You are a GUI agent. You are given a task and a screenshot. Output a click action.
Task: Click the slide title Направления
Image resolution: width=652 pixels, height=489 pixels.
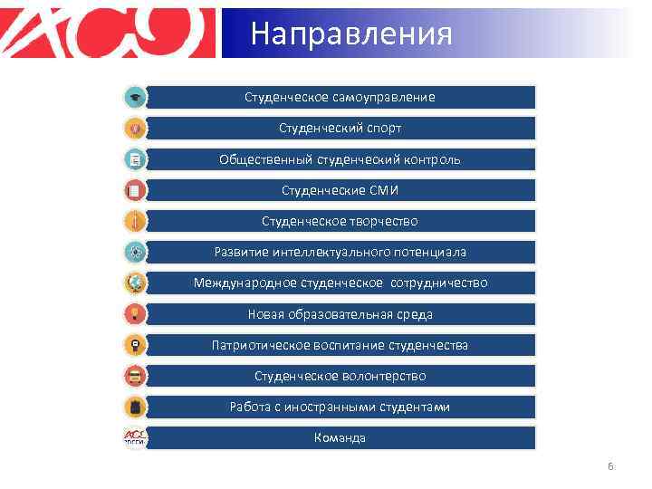pos(350,34)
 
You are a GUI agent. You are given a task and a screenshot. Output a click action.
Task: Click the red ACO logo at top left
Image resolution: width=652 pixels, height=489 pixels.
pos(109,33)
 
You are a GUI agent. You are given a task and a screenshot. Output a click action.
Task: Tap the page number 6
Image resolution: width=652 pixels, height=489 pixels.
pos(610,466)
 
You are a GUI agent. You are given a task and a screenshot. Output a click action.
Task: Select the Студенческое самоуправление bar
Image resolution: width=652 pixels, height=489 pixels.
pos(340,97)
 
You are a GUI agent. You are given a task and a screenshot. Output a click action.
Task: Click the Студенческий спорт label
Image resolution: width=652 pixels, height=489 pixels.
pos(340,128)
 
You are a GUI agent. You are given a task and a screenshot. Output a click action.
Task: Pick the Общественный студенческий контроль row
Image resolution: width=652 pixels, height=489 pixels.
pos(340,159)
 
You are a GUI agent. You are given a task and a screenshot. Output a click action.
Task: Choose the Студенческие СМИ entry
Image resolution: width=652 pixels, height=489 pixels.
pos(340,190)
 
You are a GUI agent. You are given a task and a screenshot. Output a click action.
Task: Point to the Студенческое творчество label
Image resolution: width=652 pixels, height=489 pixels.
pos(340,221)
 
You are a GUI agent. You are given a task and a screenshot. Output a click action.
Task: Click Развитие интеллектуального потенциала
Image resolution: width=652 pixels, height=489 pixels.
pos(340,252)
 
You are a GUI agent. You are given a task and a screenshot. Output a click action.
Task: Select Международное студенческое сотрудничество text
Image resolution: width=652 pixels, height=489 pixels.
pos(340,283)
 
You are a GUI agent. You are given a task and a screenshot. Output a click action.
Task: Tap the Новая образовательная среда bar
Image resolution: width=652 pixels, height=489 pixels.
pos(340,314)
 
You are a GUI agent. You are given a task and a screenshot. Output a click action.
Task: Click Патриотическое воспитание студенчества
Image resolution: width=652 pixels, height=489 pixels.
pos(340,345)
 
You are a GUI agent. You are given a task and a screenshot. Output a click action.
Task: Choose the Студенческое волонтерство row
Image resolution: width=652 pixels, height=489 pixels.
pos(340,376)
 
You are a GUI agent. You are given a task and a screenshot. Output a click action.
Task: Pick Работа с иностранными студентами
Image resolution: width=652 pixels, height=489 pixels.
pos(340,407)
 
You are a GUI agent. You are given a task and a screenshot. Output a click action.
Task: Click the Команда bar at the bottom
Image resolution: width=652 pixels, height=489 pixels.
pos(340,437)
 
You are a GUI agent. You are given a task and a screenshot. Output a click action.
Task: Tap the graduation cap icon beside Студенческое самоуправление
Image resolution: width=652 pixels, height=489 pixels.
pos(134,97)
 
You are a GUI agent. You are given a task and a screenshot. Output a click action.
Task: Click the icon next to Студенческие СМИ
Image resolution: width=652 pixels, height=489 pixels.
pos(134,190)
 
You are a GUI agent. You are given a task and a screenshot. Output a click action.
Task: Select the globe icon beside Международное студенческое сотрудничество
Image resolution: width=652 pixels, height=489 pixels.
pos(134,283)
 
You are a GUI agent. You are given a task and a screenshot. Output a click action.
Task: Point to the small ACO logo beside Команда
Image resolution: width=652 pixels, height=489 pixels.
pos(134,437)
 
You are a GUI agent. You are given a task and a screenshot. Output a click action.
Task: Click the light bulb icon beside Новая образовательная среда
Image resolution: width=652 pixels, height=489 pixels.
pos(134,314)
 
